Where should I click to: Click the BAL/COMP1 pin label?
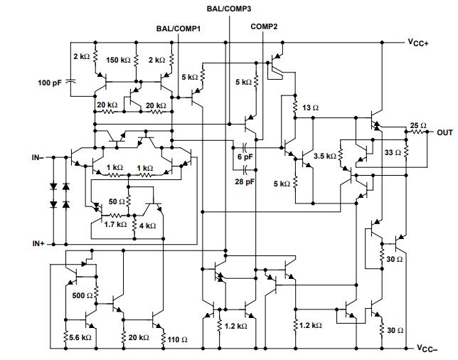coord(178,29)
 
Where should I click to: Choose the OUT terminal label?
coord(444,132)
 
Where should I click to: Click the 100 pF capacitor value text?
coord(50,83)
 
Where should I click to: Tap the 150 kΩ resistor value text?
coord(119,60)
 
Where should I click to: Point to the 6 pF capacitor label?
coord(244,156)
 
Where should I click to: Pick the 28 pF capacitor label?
coord(245,182)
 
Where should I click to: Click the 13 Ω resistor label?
coord(310,107)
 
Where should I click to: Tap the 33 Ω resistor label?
coord(392,152)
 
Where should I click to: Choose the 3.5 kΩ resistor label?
coord(324,156)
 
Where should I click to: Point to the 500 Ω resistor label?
coord(82,295)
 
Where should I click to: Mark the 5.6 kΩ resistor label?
coord(80,337)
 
